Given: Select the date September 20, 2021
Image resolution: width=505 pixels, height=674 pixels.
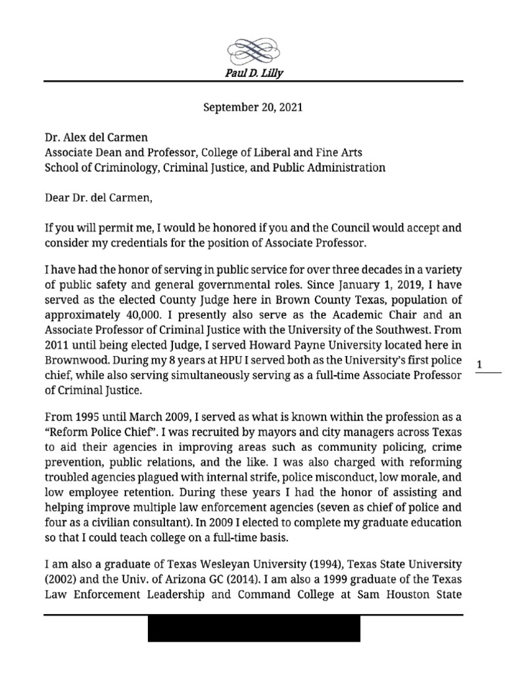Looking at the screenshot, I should [252, 106].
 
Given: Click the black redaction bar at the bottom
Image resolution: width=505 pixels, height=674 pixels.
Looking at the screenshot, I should [253, 629].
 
